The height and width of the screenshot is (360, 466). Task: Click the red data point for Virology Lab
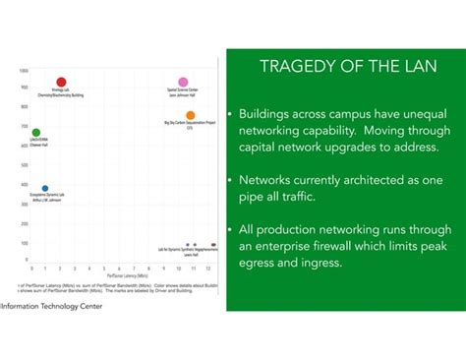61,83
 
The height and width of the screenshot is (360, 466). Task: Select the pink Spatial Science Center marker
183,83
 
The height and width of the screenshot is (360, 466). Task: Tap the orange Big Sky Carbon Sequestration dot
191,116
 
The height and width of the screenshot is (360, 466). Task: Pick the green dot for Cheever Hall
36,133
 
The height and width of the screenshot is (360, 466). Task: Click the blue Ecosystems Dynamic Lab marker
44,188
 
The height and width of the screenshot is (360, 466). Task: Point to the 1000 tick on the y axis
23,71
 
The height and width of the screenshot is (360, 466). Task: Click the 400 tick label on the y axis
24,184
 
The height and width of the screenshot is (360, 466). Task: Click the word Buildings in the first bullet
268,113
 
